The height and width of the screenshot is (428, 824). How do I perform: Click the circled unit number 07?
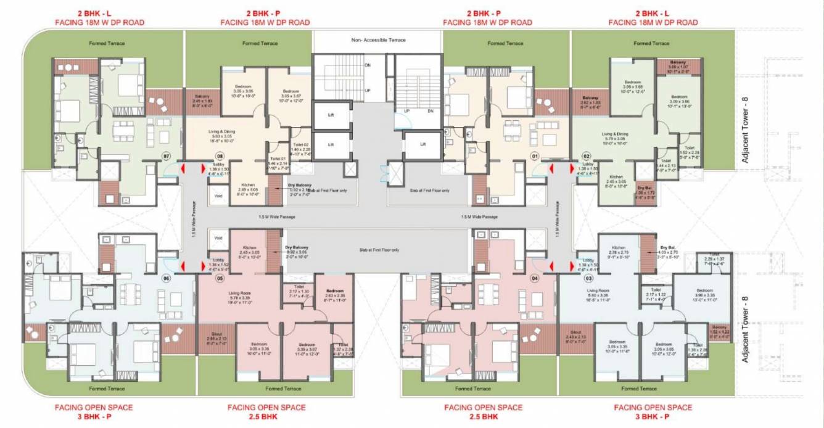click(166, 156)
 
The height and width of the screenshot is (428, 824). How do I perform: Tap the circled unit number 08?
click(220, 156)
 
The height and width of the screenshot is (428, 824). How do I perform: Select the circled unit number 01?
click(535, 156)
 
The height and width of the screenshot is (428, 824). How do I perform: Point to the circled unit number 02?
click(587, 156)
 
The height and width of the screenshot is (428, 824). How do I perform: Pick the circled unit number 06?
click(166, 278)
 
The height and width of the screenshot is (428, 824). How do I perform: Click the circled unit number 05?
click(220, 278)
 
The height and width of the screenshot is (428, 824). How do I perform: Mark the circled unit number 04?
click(535, 278)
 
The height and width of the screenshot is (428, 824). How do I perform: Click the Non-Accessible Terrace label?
click(378, 39)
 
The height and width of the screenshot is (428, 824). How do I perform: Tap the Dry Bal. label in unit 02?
click(645, 189)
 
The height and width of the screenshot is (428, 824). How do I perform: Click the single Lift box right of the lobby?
click(422, 144)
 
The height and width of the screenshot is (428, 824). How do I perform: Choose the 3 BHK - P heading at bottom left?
click(94, 417)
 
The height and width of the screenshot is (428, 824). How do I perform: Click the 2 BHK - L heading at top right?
click(653, 13)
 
